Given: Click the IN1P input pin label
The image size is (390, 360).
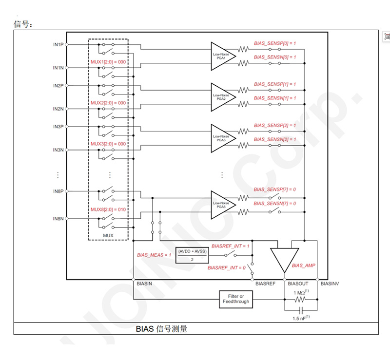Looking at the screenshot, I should (x=58, y=44).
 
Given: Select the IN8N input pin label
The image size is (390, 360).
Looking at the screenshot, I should (x=58, y=219).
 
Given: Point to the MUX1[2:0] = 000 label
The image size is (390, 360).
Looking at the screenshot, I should (x=108, y=62).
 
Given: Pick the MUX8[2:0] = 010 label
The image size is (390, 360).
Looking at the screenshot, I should (x=108, y=209).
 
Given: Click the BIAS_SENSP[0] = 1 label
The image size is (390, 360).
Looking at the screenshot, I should (x=275, y=43).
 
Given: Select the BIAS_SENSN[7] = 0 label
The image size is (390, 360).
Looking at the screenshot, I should (x=275, y=203).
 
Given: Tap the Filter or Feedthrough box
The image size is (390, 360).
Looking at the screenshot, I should (x=236, y=299).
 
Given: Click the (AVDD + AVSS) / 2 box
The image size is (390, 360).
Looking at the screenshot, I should (x=192, y=255).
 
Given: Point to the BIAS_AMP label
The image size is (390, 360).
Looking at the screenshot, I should (x=304, y=265).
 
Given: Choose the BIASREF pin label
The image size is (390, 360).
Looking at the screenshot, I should (x=266, y=283).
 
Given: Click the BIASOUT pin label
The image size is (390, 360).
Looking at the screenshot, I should (x=297, y=283).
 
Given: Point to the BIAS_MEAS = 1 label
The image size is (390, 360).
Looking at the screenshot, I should (x=154, y=255).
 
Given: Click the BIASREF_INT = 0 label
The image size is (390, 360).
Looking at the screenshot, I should (x=227, y=268).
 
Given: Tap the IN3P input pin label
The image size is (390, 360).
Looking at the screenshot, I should (x=58, y=127).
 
